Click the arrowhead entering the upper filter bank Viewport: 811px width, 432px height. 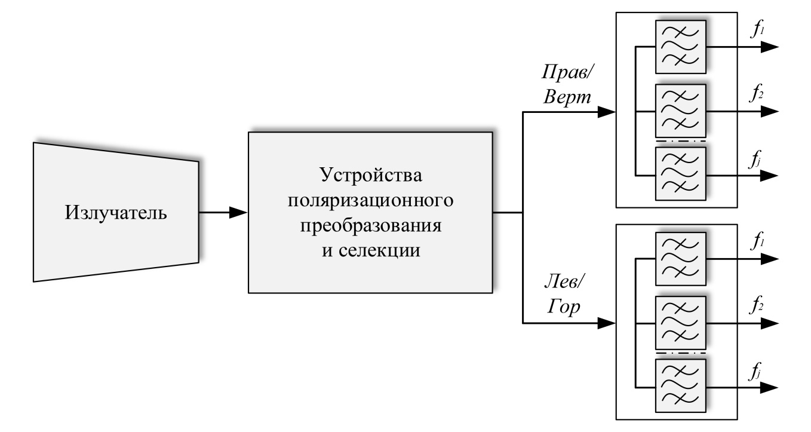(x=606, y=112)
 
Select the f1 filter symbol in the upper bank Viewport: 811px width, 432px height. (x=681, y=47)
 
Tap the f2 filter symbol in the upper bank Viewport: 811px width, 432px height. (x=681, y=111)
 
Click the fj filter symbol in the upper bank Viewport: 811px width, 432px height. (x=681, y=174)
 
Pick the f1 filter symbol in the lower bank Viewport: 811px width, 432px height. (x=681, y=259)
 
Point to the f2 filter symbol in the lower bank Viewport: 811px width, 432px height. (x=681, y=323)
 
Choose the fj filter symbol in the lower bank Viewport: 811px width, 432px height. (x=681, y=386)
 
